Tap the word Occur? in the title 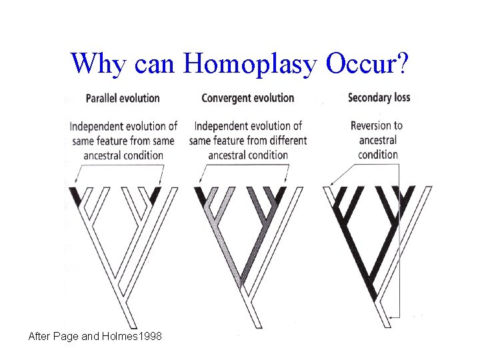[369, 63]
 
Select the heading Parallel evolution [123, 99]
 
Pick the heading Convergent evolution [247, 98]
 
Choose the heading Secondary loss [379, 97]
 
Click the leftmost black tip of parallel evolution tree [76, 196]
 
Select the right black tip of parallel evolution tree [155, 195]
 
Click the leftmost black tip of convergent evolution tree [201, 195]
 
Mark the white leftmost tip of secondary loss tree [329, 193]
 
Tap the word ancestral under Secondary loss [378, 140]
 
